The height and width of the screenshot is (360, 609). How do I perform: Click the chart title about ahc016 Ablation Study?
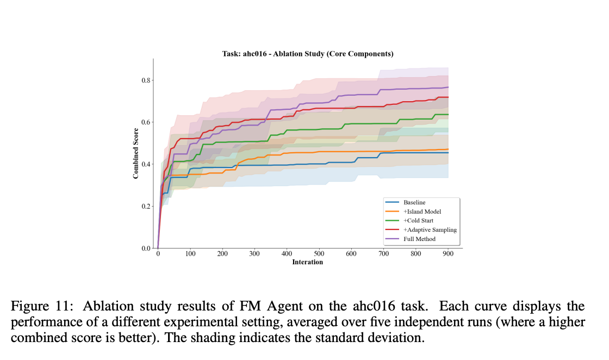point(307,54)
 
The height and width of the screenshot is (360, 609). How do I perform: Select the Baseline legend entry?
point(414,202)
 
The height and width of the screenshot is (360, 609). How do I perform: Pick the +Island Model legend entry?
point(422,212)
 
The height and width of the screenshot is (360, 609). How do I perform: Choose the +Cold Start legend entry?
point(420,221)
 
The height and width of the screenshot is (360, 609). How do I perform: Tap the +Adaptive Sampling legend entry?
point(430,229)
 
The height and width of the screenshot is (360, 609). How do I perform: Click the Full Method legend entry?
point(419,239)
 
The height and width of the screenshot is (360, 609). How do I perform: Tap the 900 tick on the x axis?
point(448,253)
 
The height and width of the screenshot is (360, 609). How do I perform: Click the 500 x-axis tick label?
point(319,253)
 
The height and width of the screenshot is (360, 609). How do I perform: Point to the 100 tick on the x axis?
point(190,253)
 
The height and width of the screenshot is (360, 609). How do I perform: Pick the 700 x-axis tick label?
point(384,253)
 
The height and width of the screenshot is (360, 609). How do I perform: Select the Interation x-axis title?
point(307,262)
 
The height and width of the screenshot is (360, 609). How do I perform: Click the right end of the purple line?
point(448,87)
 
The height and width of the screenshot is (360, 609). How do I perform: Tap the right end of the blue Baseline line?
point(448,153)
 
